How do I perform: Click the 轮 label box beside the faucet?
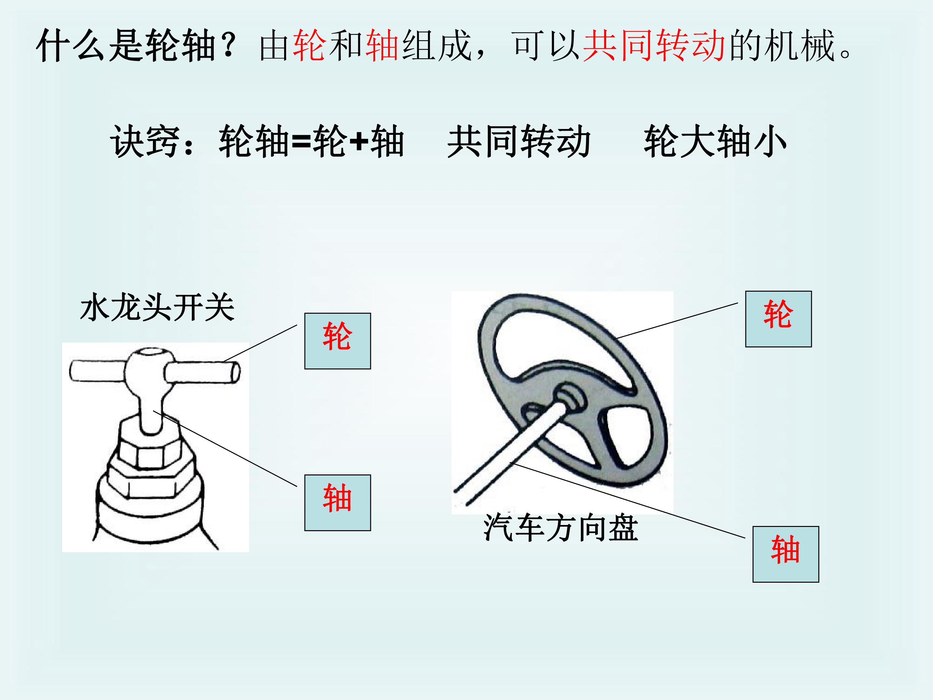[338, 341]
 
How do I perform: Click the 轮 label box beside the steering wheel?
[778, 319]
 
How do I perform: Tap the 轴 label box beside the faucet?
[338, 503]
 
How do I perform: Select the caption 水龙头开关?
[157, 308]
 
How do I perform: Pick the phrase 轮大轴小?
[715, 142]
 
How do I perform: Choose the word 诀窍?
[145, 142]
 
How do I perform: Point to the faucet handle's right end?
[236, 373]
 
